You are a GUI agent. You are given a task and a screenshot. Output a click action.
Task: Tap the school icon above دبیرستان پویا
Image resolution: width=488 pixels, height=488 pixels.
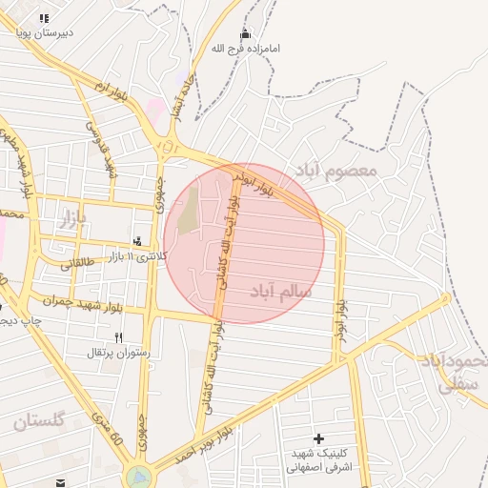click(44, 18)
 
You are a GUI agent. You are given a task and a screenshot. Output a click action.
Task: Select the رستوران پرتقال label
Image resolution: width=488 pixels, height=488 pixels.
click(119, 353)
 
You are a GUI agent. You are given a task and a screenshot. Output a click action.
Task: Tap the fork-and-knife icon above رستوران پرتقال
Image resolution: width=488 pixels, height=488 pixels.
click(119, 337)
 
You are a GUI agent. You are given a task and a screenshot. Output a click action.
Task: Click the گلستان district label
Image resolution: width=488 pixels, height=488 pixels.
click(40, 420)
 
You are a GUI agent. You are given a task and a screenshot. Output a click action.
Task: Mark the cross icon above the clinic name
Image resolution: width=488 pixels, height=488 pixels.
click(318, 438)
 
